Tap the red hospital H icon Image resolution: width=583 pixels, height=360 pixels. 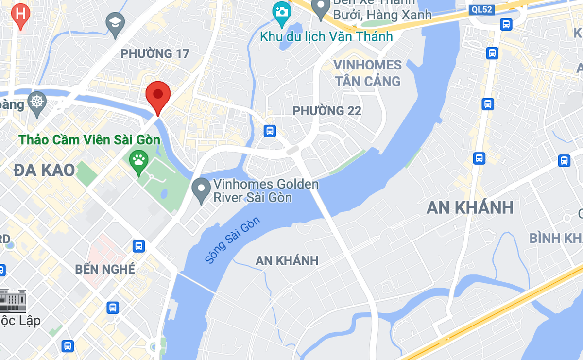20,14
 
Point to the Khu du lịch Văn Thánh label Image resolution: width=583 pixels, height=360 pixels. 326,37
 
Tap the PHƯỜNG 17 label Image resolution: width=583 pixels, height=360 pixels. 154,53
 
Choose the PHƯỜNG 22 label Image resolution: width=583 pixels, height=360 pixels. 326,111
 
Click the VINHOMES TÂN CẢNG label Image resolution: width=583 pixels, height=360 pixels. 367,73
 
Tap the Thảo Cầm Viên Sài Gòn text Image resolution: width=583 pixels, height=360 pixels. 89,140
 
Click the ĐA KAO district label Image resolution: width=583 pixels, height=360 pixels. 44,170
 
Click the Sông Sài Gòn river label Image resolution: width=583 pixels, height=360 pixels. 233,240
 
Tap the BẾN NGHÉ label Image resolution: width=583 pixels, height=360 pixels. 105,269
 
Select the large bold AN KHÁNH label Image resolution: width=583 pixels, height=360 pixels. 470,207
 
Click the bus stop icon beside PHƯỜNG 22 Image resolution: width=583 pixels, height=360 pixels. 270,131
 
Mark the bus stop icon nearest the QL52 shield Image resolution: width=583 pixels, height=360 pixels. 506,24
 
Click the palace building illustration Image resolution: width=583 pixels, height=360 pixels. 13,300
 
